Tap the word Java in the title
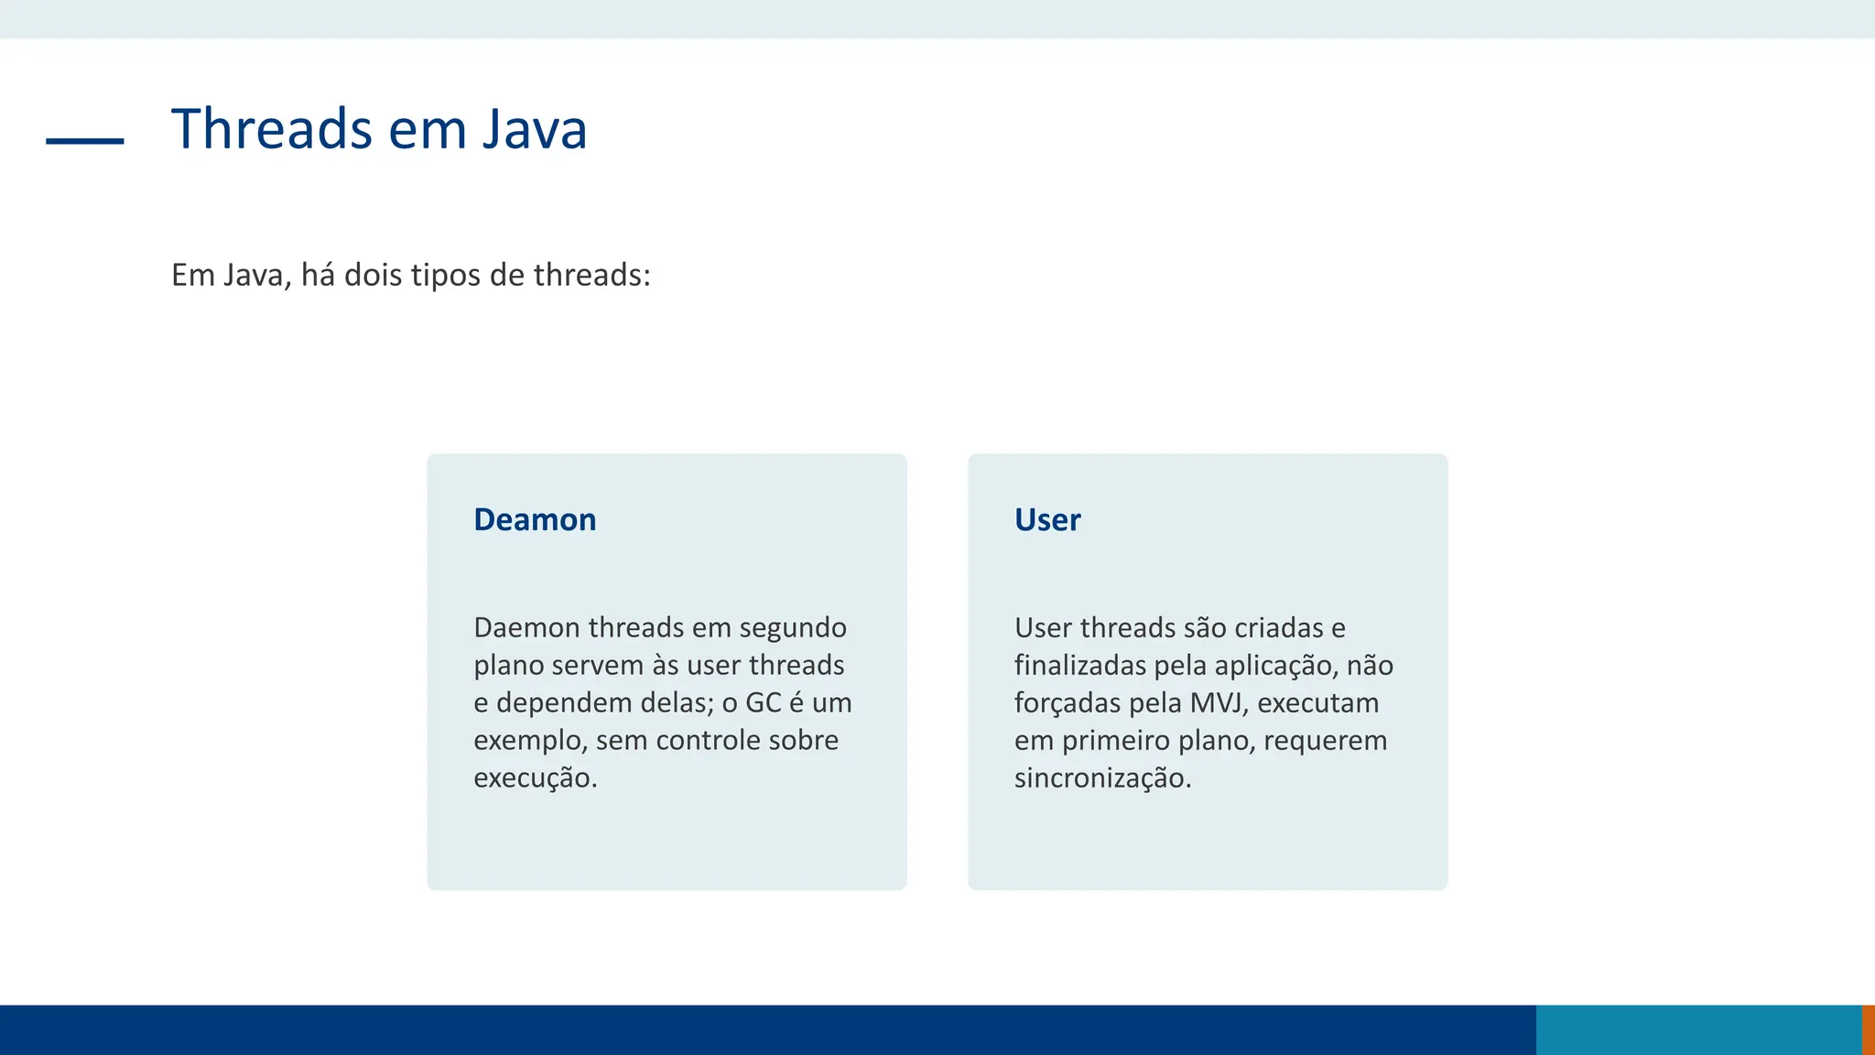(x=535, y=129)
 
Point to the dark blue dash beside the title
(x=85, y=141)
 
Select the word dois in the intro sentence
(x=374, y=275)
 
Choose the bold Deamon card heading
(x=535, y=519)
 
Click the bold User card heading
(x=1047, y=519)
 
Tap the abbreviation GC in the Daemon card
(x=764, y=702)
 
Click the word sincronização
(x=1102, y=778)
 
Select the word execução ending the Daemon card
(x=535, y=778)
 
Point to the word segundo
(x=793, y=627)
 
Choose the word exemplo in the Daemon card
(x=530, y=740)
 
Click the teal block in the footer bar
(x=1698, y=1029)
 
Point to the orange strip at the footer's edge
(x=1869, y=1029)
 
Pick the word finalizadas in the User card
(x=1080, y=665)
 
